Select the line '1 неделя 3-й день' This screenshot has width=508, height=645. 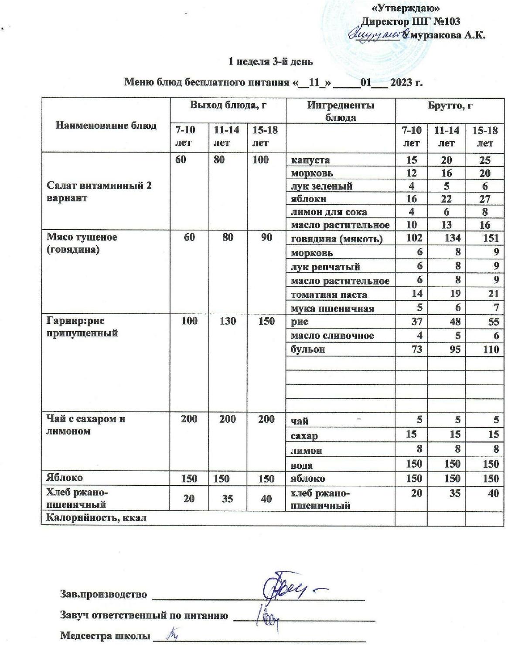click(271, 61)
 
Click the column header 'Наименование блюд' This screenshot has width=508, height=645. click(106, 126)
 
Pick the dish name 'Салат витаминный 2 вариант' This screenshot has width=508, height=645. click(99, 192)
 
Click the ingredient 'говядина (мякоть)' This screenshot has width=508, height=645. click(337, 239)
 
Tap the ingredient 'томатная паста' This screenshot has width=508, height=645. click(329, 295)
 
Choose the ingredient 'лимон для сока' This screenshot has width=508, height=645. click(329, 212)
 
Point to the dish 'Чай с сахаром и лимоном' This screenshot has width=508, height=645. click(86, 425)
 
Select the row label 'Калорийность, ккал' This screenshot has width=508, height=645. click(96, 518)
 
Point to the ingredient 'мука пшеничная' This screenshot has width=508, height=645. click(332, 309)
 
